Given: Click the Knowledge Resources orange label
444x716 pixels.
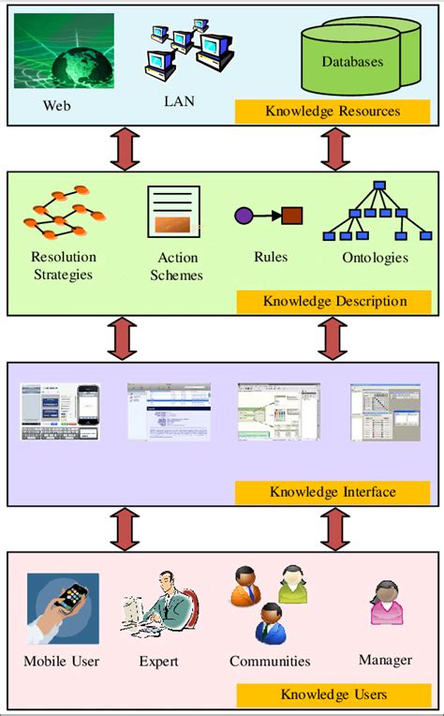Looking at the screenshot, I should [332, 112].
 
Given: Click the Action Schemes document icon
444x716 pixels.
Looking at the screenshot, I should [174, 211].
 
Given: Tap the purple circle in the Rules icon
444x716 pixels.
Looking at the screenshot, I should [244, 216].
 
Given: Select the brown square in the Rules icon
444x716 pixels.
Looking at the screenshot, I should [292, 216].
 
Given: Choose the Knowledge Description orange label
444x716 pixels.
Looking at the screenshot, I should [334, 301].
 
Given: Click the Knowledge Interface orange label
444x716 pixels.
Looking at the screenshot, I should [332, 491].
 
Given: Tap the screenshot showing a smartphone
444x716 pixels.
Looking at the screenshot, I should [61, 411].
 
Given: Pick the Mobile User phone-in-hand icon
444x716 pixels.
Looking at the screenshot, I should [63, 608].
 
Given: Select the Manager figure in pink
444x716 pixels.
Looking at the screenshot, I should [385, 604].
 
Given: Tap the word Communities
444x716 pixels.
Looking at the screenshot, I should [270, 662].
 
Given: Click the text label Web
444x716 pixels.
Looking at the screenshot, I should [56, 105].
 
